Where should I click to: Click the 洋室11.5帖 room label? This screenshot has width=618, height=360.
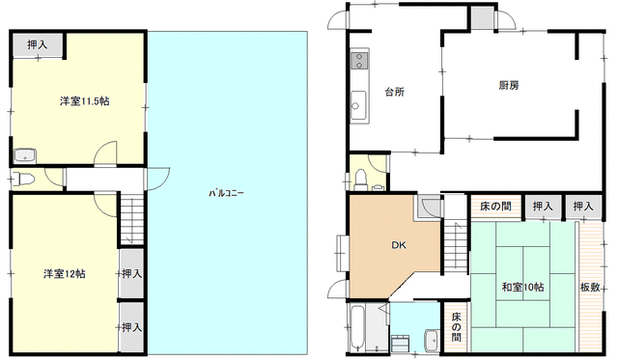pos(85,101)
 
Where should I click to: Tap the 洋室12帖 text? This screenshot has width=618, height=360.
pos(65,273)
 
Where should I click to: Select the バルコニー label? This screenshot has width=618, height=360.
pos(226,193)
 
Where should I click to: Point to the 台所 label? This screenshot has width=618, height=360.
pos(395,92)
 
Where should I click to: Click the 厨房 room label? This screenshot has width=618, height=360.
pos(509,85)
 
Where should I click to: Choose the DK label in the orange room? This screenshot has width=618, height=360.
pos(399,245)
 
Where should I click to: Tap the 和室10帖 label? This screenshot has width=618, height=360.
pos(522,287)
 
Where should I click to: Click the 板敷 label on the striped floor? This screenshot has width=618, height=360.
pos(590,288)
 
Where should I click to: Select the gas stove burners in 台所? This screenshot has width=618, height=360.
pos(359,60)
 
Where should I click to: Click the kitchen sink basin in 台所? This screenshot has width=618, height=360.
pos(358,105)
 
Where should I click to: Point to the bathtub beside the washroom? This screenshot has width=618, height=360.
pos(357,328)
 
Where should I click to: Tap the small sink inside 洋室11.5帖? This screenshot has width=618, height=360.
pos(25,156)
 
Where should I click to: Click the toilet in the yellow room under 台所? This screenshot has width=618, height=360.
pos(360,180)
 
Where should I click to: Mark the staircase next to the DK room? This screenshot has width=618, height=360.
pos(455,245)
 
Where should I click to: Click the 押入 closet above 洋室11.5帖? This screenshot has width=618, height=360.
pos(37,45)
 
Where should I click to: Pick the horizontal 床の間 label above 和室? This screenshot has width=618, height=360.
pos(495,206)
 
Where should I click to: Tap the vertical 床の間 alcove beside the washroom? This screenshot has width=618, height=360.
pos(456,327)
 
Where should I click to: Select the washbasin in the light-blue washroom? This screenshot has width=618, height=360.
pos(432,340)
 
